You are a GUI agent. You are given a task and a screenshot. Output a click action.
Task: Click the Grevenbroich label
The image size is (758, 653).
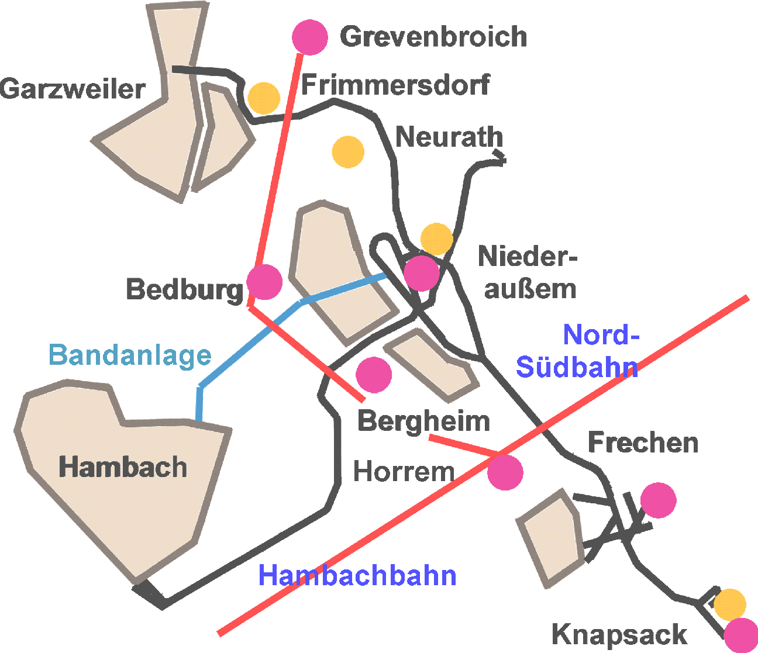tap(433, 37)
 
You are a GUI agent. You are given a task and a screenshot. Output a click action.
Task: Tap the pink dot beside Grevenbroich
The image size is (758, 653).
tap(310, 37)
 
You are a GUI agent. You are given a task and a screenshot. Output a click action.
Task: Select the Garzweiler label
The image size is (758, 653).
tap(73, 89)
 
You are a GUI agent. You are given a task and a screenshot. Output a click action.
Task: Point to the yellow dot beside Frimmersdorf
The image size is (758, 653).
tap(264, 98)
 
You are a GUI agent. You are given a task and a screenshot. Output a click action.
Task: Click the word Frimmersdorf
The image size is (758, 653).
tap(396, 84)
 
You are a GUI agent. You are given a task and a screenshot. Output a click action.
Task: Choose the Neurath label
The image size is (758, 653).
tap(449, 137)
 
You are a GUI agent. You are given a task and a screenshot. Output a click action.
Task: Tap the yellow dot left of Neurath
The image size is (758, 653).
tap(348, 152)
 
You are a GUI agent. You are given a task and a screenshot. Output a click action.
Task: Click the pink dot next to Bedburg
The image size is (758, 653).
tap(264, 282)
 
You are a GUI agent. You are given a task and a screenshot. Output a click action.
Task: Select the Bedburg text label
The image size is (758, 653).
tap(185, 289)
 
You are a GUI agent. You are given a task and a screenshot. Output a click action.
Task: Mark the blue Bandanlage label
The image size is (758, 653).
tap(130, 355)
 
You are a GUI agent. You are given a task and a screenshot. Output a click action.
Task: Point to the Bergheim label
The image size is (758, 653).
tap(423, 421)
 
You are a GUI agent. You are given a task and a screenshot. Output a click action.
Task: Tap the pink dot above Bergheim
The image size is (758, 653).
tap(374, 375)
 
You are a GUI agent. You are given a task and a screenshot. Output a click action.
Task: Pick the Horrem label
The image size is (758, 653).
tap(404, 472)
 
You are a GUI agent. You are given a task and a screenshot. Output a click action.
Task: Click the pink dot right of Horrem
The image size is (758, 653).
tap(505, 472)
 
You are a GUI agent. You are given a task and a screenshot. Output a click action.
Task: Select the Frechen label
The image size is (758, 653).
tap(643, 443)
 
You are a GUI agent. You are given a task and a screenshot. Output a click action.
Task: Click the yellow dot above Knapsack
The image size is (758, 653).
tap(730, 605)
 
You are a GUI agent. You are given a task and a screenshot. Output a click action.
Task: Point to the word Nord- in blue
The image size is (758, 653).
tap(601, 334)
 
